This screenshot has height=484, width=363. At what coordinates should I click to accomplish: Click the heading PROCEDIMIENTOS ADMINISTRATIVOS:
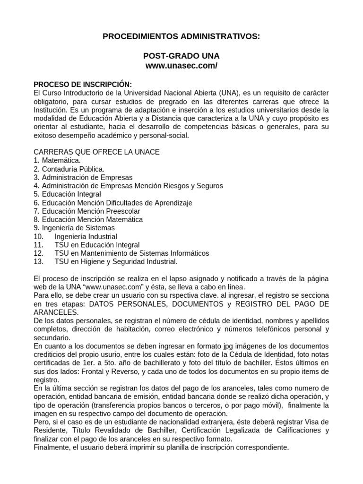(x=181, y=36)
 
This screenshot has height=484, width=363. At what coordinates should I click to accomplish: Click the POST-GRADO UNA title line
(x=181, y=56)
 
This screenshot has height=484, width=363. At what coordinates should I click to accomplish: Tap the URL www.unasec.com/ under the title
(x=181, y=66)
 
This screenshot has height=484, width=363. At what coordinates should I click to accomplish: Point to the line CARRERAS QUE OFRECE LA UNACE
(x=96, y=152)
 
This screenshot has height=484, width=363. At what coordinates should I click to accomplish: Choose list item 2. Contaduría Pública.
(x=69, y=169)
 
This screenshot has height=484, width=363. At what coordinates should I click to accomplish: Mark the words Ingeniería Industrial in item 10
(x=86, y=236)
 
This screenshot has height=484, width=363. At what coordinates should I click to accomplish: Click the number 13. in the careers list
(x=39, y=261)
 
